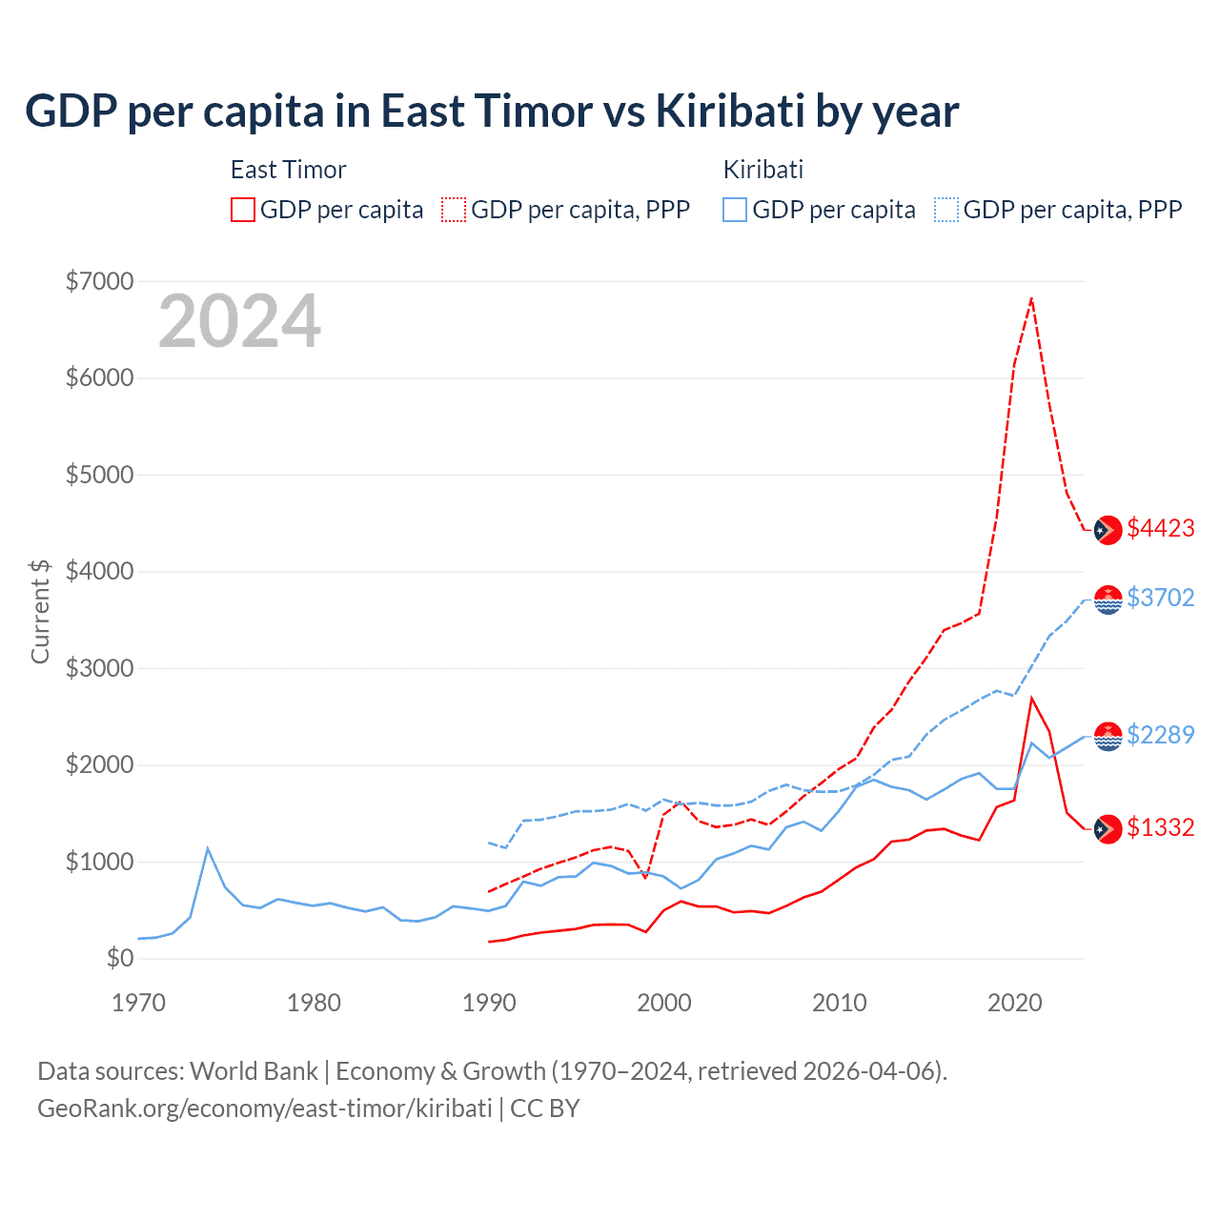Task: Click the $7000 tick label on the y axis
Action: pos(99,281)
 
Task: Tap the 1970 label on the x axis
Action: pos(138,1003)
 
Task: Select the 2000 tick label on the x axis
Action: pos(664,1003)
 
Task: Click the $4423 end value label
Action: pos(1160,529)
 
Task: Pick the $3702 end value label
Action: pos(1160,598)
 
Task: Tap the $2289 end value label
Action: pos(1160,735)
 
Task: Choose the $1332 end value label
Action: pos(1160,828)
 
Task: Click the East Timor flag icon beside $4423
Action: pos(1108,530)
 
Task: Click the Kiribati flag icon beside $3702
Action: pos(1108,600)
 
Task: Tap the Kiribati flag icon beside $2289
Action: pos(1108,737)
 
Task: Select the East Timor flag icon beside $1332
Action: pos(1108,829)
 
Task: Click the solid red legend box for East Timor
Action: pos(243,210)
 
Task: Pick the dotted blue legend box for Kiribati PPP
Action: pos(946,210)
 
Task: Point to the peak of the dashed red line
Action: pos(1031,299)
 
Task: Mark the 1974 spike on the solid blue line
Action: pos(208,848)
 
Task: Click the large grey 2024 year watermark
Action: pos(239,322)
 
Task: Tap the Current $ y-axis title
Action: pos(40,611)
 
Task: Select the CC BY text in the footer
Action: pos(545,1108)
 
